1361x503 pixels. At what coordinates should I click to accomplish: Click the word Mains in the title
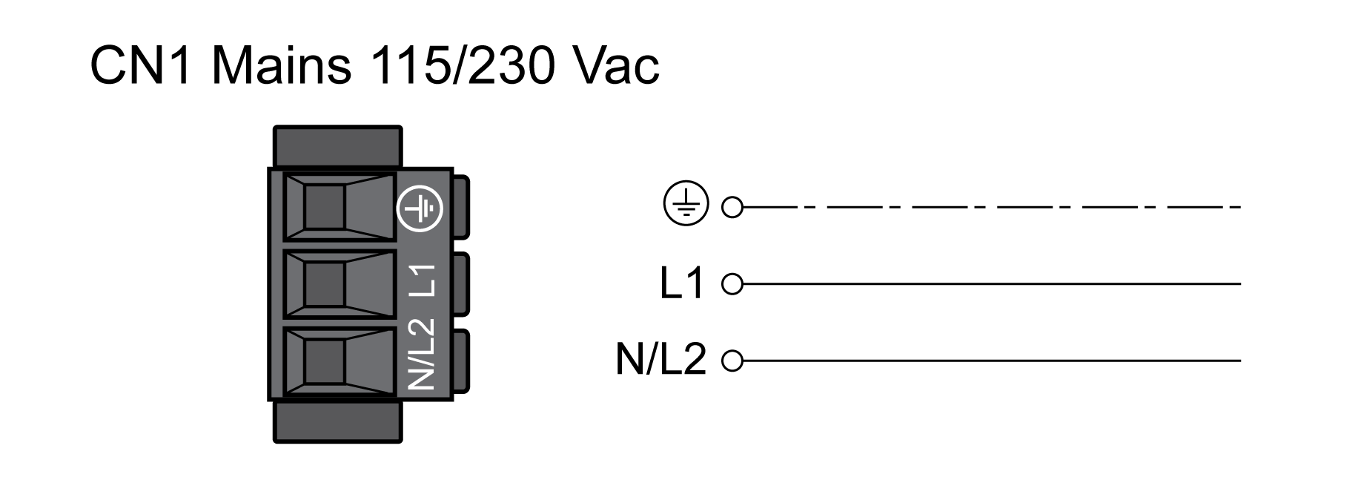pyautogui.click(x=282, y=65)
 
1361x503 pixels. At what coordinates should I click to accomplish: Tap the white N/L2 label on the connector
pyautogui.click(x=420, y=355)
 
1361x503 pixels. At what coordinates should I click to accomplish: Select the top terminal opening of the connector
pyautogui.click(x=325, y=208)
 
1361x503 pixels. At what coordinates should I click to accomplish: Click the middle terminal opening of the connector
pyautogui.click(x=325, y=285)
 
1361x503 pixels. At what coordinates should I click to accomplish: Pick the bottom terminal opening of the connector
pyautogui.click(x=325, y=361)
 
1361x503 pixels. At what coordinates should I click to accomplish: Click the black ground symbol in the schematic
pyautogui.click(x=686, y=204)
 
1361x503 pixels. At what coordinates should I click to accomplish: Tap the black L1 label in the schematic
pyautogui.click(x=681, y=284)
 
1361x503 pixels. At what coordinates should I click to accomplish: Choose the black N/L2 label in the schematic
pyautogui.click(x=660, y=361)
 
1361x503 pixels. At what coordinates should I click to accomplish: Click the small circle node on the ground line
pyautogui.click(x=732, y=207)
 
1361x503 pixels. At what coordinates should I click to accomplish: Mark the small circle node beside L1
pyautogui.click(x=732, y=284)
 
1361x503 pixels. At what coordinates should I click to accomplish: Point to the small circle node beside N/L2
pyautogui.click(x=732, y=361)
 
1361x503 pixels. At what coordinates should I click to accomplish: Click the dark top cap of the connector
pyautogui.click(x=337, y=146)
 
